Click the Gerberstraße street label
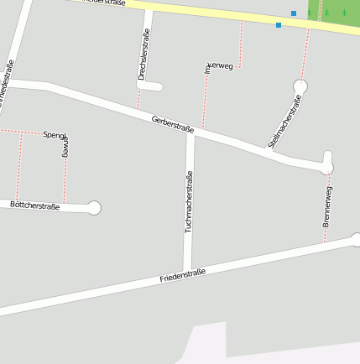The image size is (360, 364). coord(173,124)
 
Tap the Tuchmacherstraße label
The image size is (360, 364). coord(189,201)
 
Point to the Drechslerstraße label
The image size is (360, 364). coord(143,55)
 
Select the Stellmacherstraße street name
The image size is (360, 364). coord(284,122)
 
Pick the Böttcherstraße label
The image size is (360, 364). coord(35,205)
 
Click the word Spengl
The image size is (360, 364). coord(54,134)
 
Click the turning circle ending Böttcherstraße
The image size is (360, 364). coord(94,208)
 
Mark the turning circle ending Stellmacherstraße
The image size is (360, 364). coord(300,86)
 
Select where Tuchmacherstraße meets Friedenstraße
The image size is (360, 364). coord(188,270)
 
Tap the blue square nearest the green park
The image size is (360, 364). coord(294,13)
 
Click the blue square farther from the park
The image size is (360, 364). coord(279,25)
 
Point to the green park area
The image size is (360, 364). coord(336,10)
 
